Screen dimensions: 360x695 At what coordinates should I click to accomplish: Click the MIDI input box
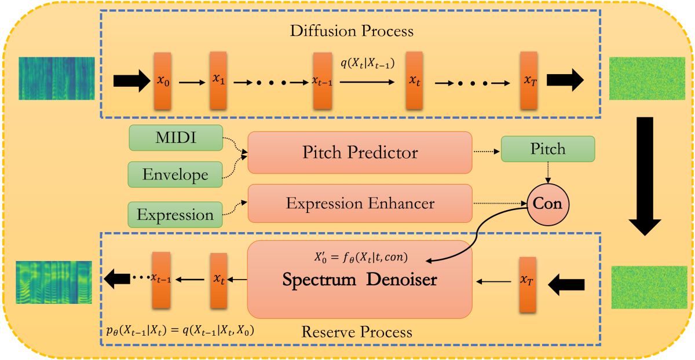(176, 138)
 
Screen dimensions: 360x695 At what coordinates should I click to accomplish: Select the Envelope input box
(176, 174)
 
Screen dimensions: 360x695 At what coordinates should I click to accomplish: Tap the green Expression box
(175, 215)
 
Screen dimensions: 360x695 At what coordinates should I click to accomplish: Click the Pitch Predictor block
(360, 152)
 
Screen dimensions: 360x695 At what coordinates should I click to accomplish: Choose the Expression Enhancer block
(360, 203)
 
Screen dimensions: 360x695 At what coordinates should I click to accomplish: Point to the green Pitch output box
(548, 149)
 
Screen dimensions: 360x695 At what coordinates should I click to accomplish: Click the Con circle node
(547, 204)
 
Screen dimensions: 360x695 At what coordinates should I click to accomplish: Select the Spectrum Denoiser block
(360, 279)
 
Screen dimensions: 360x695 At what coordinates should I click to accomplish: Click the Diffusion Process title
(352, 30)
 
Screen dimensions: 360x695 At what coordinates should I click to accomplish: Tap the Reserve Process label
(357, 332)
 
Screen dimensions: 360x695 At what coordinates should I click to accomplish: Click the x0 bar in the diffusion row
(163, 81)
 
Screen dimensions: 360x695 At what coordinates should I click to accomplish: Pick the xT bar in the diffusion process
(529, 81)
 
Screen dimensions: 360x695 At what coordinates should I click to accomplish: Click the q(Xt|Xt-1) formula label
(368, 64)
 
